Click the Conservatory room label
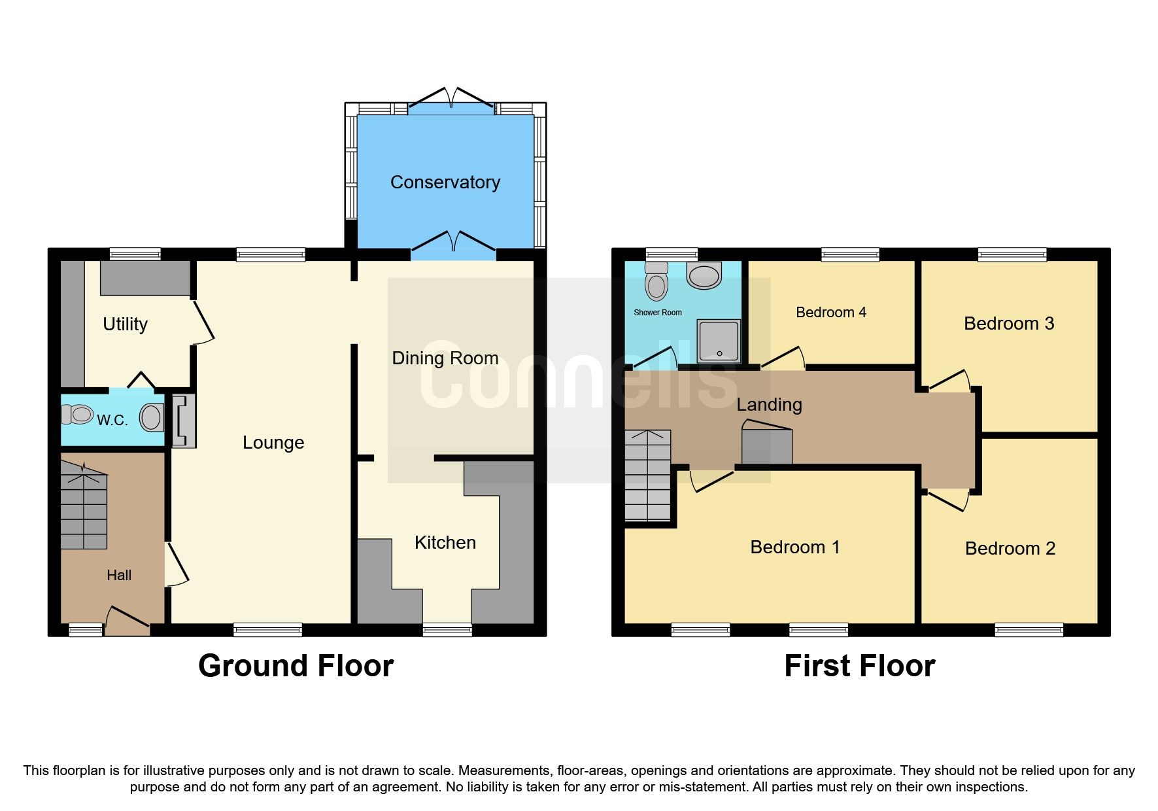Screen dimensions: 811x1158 pyautogui.click(x=445, y=182)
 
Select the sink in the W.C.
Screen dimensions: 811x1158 pyautogui.click(x=151, y=417)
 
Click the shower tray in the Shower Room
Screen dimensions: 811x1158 pyautogui.click(x=719, y=340)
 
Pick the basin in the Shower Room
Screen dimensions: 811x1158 pyautogui.click(x=704, y=275)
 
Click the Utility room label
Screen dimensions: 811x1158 pyautogui.click(x=125, y=324)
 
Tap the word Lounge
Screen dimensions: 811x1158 pyautogui.click(x=273, y=443)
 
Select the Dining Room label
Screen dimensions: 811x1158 pyautogui.click(x=445, y=358)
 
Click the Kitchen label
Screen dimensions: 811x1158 pyautogui.click(x=445, y=543)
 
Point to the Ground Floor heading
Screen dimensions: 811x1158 pyautogui.click(x=296, y=666)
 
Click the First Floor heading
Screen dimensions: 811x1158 pyautogui.click(x=859, y=666)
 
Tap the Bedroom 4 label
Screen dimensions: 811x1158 pyautogui.click(x=830, y=313)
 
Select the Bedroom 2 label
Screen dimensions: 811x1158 pyautogui.click(x=1010, y=549)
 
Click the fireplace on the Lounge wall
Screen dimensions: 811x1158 pyautogui.click(x=184, y=421)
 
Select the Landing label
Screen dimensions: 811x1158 pyautogui.click(x=769, y=405)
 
